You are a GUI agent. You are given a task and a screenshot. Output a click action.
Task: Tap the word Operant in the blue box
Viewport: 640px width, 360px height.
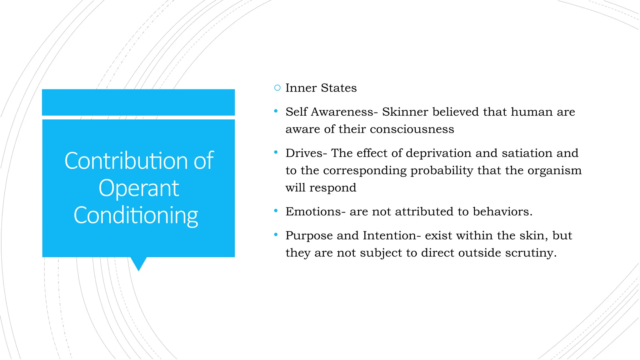click(139, 188)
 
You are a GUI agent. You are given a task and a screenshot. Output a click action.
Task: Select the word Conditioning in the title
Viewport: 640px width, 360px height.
click(136, 215)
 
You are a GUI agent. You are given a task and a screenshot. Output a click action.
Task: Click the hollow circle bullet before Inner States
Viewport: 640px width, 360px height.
click(277, 88)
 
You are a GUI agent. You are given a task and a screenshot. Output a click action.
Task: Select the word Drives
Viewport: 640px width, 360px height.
click(304, 153)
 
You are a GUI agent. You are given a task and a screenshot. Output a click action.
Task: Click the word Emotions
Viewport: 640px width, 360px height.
click(313, 212)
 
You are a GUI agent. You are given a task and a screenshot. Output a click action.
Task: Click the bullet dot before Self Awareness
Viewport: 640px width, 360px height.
click(276, 111)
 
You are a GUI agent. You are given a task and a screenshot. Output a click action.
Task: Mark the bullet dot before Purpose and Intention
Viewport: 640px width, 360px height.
click(276, 234)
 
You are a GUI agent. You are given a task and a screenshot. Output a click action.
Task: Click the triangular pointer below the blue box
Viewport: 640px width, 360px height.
click(138, 263)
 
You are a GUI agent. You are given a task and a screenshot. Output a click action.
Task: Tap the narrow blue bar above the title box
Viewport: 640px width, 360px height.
click(138, 102)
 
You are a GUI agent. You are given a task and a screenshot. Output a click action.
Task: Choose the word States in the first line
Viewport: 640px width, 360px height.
click(339, 88)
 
